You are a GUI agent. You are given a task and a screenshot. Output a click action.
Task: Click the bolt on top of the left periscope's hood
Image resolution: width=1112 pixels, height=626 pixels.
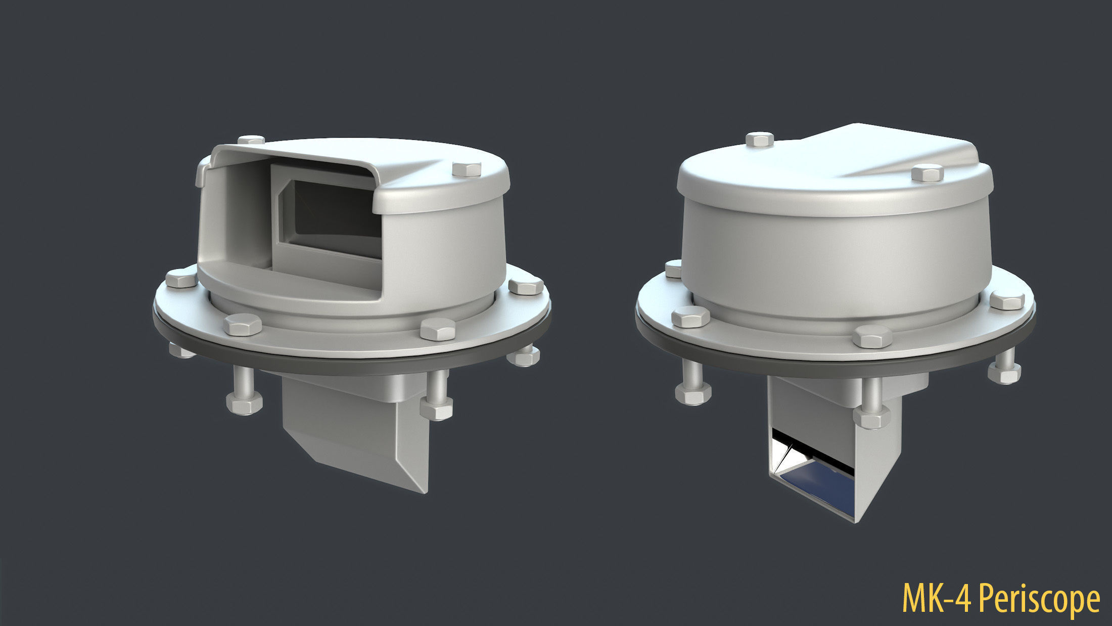pyautogui.click(x=251, y=140)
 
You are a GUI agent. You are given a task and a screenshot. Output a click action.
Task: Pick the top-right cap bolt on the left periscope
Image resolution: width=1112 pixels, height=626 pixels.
pyautogui.click(x=467, y=169)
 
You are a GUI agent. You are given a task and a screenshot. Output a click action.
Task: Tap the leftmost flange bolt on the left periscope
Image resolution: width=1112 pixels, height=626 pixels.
pyautogui.click(x=180, y=279)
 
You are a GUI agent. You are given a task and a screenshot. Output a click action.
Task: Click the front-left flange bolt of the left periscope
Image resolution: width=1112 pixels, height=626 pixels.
pyautogui.click(x=243, y=325)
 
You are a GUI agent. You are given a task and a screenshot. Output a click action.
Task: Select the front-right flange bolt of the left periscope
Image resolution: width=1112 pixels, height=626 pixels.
pyautogui.click(x=438, y=329)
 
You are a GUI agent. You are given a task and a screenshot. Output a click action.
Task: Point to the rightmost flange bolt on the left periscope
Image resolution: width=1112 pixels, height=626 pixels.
pyautogui.click(x=526, y=286)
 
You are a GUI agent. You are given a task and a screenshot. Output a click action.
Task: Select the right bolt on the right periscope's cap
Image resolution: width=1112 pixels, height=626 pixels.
pyautogui.click(x=927, y=172)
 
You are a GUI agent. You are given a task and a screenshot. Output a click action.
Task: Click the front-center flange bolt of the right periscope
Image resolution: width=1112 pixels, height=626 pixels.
pyautogui.click(x=872, y=336)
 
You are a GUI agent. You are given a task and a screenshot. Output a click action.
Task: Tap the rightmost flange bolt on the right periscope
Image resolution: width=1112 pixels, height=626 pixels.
pyautogui.click(x=1006, y=300)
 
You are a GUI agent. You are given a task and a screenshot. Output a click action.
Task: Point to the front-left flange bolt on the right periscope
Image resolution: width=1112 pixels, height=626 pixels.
pyautogui.click(x=690, y=317)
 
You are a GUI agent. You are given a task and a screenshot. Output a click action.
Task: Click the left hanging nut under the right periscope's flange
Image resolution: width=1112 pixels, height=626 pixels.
pyautogui.click(x=693, y=393)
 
